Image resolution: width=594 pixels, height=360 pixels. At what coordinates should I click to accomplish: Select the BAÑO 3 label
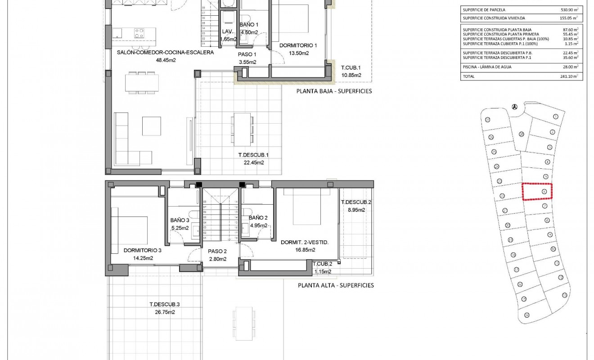pos(180,220)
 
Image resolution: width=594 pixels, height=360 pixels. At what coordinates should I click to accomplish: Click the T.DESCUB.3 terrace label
pos(162,304)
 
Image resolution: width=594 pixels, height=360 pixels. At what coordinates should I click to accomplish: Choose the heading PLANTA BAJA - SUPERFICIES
pos(334,91)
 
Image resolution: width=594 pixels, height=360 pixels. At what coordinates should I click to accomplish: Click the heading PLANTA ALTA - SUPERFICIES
pos(336,285)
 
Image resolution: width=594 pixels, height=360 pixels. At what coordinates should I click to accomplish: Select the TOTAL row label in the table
pos(469,76)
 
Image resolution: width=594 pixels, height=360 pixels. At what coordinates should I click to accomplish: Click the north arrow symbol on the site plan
pos(514,107)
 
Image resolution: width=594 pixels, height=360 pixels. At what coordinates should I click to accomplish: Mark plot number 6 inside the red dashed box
pos(544,192)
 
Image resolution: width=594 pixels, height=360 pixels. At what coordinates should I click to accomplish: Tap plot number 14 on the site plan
pos(526,315)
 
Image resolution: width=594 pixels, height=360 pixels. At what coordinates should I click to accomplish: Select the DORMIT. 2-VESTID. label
pos(305,243)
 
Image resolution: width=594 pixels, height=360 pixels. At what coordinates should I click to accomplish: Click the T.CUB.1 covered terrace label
pos(351,68)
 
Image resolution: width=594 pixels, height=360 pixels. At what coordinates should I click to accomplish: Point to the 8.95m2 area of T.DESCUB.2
pos(355,209)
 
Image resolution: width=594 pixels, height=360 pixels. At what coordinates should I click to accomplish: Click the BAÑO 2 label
pos(258,218)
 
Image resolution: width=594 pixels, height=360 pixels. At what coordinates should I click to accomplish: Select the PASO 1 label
pos(247,54)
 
